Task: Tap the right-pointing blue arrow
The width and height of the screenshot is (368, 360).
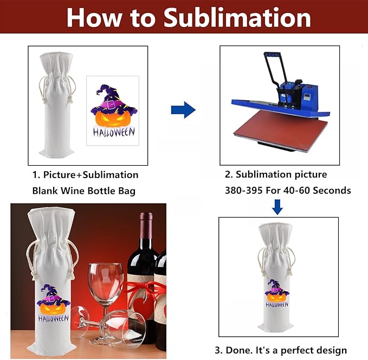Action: pos(183,110)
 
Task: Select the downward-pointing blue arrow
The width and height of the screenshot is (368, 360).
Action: pos(277,206)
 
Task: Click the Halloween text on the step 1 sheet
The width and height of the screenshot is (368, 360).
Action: pos(114,132)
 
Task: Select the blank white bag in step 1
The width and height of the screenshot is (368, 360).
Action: pos(56,108)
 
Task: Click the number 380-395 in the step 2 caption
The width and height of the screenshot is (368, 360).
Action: pos(243,191)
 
